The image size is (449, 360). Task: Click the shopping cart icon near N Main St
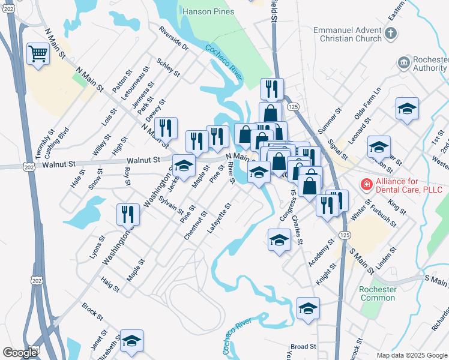[x=38, y=55]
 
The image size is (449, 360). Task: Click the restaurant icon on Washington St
[x=127, y=214]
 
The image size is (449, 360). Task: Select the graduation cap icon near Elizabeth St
[x=131, y=340]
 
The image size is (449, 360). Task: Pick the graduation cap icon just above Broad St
[x=308, y=308]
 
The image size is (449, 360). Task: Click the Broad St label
[x=303, y=347]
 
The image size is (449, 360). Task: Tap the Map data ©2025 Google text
[x=411, y=355]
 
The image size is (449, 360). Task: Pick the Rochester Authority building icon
[x=403, y=62]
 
